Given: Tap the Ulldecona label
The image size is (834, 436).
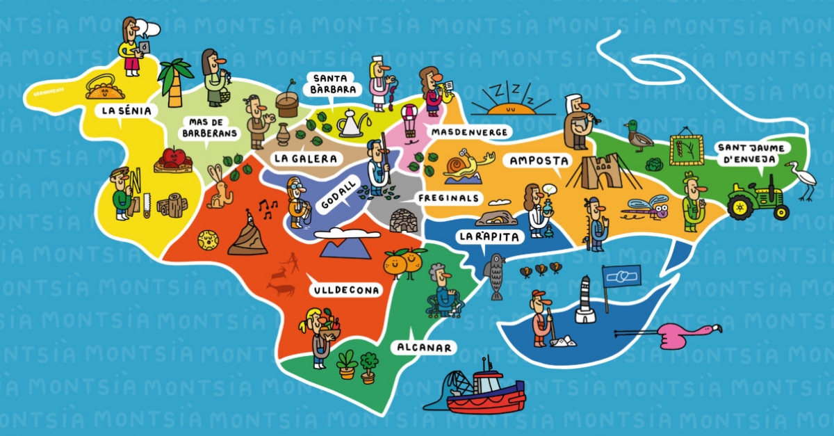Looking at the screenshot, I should pyautogui.click(x=345, y=289).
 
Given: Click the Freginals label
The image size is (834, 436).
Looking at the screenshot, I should pyautogui.click(x=449, y=198).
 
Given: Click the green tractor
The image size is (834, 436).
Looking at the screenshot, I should pyautogui.click(x=758, y=197).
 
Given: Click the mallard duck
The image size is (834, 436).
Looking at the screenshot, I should pyautogui.click(x=638, y=136).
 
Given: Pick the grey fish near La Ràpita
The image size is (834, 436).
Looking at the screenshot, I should pyautogui.click(x=496, y=276).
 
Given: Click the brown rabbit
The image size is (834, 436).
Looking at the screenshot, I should pyautogui.click(x=220, y=188).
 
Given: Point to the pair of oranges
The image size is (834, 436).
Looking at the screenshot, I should pyautogui.click(x=404, y=262).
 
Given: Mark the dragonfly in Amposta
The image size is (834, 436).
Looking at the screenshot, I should pyautogui.click(x=648, y=207).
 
